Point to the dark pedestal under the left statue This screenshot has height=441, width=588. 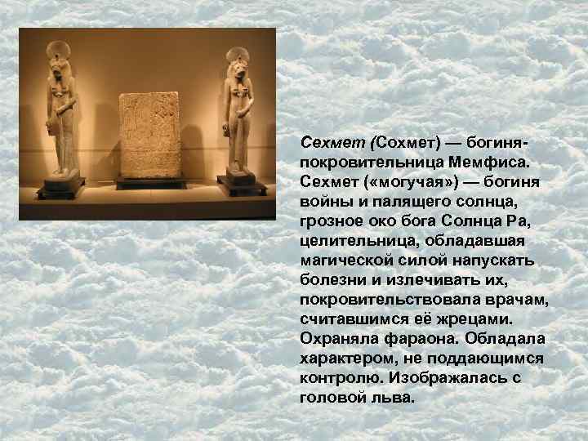tap(60, 185)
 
